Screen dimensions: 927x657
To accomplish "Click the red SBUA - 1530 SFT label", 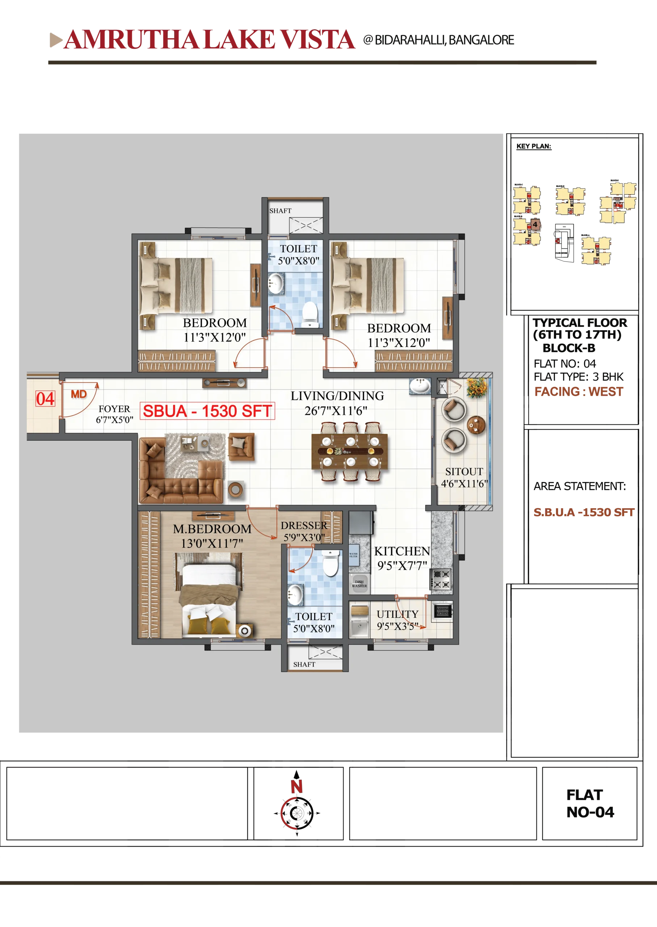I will (207, 411).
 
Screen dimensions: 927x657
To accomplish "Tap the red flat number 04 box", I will (45, 399).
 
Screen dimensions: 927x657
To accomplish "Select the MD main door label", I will (79, 394).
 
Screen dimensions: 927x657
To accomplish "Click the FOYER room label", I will (114, 409).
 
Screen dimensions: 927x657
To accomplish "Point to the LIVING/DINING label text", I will (337, 396).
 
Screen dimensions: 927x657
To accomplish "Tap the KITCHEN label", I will (402, 551).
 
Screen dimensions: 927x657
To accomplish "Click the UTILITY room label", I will (397, 614).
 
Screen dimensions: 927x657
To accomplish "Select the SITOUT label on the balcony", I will (464, 472).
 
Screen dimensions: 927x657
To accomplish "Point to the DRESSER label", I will (304, 526).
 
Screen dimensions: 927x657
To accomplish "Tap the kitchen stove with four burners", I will (441, 579).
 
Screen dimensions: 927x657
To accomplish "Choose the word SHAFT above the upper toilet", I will (281, 211).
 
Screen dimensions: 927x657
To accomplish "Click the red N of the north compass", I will (296, 787).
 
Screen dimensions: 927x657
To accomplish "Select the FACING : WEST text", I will (578, 391).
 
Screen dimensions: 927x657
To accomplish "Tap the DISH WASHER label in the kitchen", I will (359, 583).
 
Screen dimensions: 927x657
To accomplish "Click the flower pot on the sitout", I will (476, 387).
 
